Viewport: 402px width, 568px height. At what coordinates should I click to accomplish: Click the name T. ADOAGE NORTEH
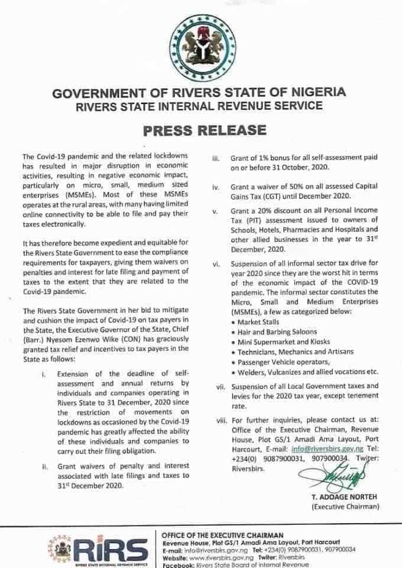click(344, 498)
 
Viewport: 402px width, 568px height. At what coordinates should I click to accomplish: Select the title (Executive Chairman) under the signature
click(345, 507)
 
